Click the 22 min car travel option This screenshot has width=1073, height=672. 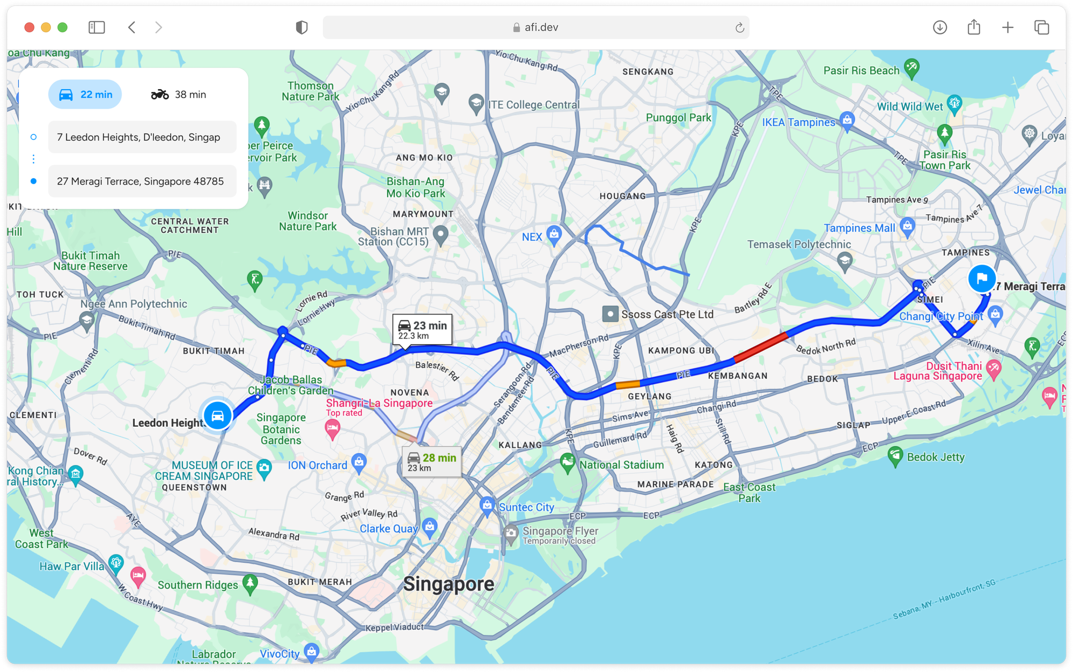pos(85,94)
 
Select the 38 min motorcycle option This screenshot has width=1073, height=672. pos(179,94)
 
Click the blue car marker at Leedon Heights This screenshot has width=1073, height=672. pos(218,415)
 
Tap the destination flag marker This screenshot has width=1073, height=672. pos(982,278)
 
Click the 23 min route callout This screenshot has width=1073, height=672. pos(422,329)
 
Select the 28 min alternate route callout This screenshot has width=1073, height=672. pos(431,461)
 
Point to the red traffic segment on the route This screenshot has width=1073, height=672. pos(760,347)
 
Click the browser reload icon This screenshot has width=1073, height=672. pos(739,27)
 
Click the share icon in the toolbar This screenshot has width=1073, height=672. pos(974,27)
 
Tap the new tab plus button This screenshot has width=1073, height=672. pos(1008,27)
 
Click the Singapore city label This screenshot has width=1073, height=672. pos(449,584)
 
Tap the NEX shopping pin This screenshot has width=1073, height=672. pos(554,234)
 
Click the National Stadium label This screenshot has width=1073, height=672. pos(621,465)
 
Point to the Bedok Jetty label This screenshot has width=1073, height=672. pos(936,457)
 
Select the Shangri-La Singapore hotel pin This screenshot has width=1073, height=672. pos(333,428)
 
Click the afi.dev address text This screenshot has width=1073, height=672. pos(541,27)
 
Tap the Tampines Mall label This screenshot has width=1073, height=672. pos(859,228)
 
